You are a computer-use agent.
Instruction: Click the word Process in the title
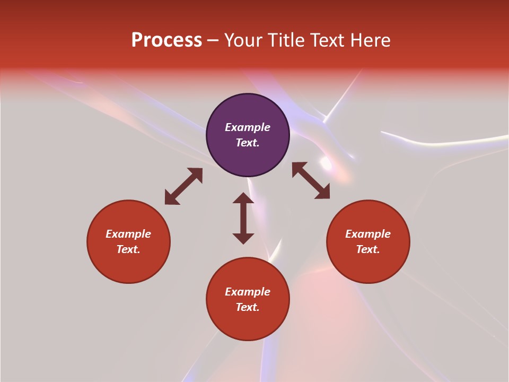click(x=166, y=40)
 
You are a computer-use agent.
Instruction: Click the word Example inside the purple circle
click(x=248, y=127)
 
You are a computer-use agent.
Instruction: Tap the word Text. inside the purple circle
click(x=248, y=143)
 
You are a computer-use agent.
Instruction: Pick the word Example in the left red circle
click(x=128, y=234)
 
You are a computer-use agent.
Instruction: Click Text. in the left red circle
click(x=128, y=249)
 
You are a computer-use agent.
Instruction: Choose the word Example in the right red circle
click(x=368, y=234)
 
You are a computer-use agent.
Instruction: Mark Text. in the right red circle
click(x=368, y=249)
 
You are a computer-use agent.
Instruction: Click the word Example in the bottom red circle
click(x=248, y=292)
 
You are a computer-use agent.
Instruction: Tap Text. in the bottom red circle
click(x=248, y=307)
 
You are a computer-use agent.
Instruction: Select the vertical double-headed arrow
click(x=243, y=218)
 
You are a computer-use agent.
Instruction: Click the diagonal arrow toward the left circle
click(x=183, y=186)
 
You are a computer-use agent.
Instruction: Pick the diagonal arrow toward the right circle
click(x=311, y=181)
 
